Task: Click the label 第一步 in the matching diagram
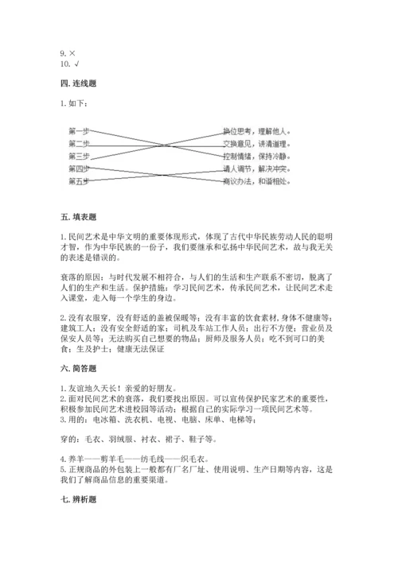point(78,130)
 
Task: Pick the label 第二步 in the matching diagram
point(78,143)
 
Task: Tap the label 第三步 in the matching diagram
point(78,156)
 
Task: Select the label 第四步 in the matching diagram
point(78,169)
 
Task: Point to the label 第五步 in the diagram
point(78,181)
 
